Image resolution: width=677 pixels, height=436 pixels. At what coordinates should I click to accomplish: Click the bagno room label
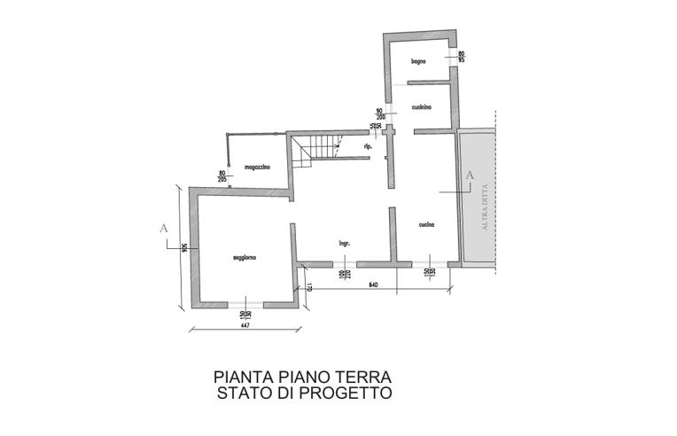[420, 61]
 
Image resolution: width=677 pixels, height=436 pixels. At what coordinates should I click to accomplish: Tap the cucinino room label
[421, 107]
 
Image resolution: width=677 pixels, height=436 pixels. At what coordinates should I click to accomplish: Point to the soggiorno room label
[245, 258]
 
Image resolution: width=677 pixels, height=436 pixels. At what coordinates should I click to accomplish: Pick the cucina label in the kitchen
[426, 226]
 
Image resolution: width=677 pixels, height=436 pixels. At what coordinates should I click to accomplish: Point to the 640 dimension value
[373, 285]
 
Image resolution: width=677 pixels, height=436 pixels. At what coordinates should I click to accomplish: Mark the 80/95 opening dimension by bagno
[461, 58]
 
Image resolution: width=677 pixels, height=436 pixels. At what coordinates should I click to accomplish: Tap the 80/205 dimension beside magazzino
[222, 175]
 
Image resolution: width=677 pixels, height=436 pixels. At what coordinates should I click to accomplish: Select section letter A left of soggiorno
[163, 228]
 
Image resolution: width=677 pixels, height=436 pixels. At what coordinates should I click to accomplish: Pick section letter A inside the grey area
[470, 175]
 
